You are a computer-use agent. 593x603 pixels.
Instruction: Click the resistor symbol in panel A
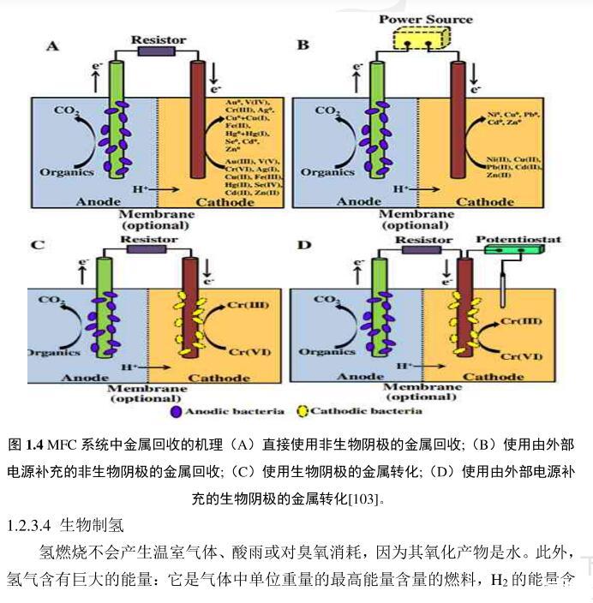coord(158,51)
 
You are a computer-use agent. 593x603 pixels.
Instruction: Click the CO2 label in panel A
coord(68,110)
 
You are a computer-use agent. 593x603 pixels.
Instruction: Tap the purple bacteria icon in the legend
coord(177,411)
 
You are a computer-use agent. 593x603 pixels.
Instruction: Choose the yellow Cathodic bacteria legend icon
coord(301,411)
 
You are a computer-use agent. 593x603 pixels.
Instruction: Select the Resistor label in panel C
coord(143,239)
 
